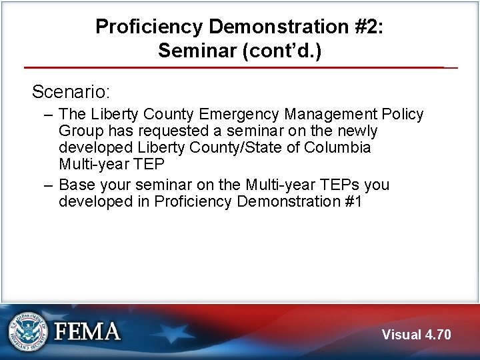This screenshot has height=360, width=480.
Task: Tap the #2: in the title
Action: click(367, 27)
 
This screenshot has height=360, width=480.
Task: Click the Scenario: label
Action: click(71, 91)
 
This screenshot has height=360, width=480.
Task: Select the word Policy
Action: click(401, 115)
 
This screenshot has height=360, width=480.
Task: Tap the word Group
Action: click(81, 131)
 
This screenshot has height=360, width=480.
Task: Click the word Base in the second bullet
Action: click(77, 185)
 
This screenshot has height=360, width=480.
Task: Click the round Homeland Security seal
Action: click(28, 331)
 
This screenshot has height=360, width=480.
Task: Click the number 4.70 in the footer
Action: click(438, 335)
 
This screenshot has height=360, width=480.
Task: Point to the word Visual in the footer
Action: click(402, 335)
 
